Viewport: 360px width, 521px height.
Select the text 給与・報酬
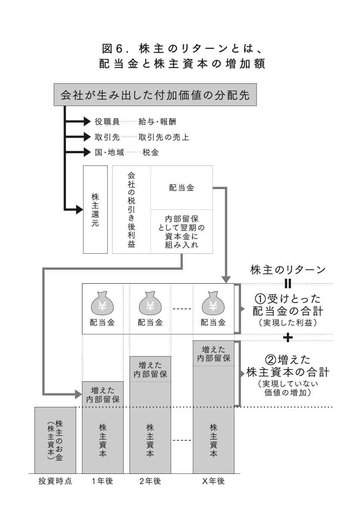pos(156,122)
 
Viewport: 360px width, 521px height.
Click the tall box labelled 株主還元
pos(95,209)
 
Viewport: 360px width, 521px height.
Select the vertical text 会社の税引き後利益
pos(131,209)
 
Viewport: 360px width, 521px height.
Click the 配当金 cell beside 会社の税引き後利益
pos(181,188)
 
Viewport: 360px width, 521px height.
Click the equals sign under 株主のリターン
pos(288,282)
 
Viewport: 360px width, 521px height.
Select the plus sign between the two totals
pos(288,337)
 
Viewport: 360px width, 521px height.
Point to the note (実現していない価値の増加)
pos(288,388)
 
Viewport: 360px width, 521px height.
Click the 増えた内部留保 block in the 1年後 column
pos(103,394)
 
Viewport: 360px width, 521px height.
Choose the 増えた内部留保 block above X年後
pos(213,354)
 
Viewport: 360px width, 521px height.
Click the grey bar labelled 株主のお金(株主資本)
pos(55,440)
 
